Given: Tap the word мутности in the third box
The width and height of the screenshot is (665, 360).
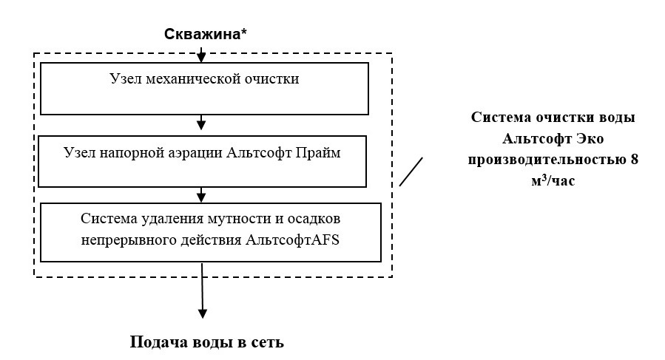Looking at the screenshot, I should [x=234, y=220].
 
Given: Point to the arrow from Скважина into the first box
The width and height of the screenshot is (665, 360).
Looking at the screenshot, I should [x=201, y=56].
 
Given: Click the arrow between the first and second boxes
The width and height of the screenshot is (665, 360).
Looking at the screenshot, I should [x=201, y=123].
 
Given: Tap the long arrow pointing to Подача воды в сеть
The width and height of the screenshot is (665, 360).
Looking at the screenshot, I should [x=201, y=296].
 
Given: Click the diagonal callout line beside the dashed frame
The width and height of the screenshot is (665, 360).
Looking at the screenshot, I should [x=411, y=171].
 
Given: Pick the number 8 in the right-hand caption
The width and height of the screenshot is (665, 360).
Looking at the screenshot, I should [x=634, y=160].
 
